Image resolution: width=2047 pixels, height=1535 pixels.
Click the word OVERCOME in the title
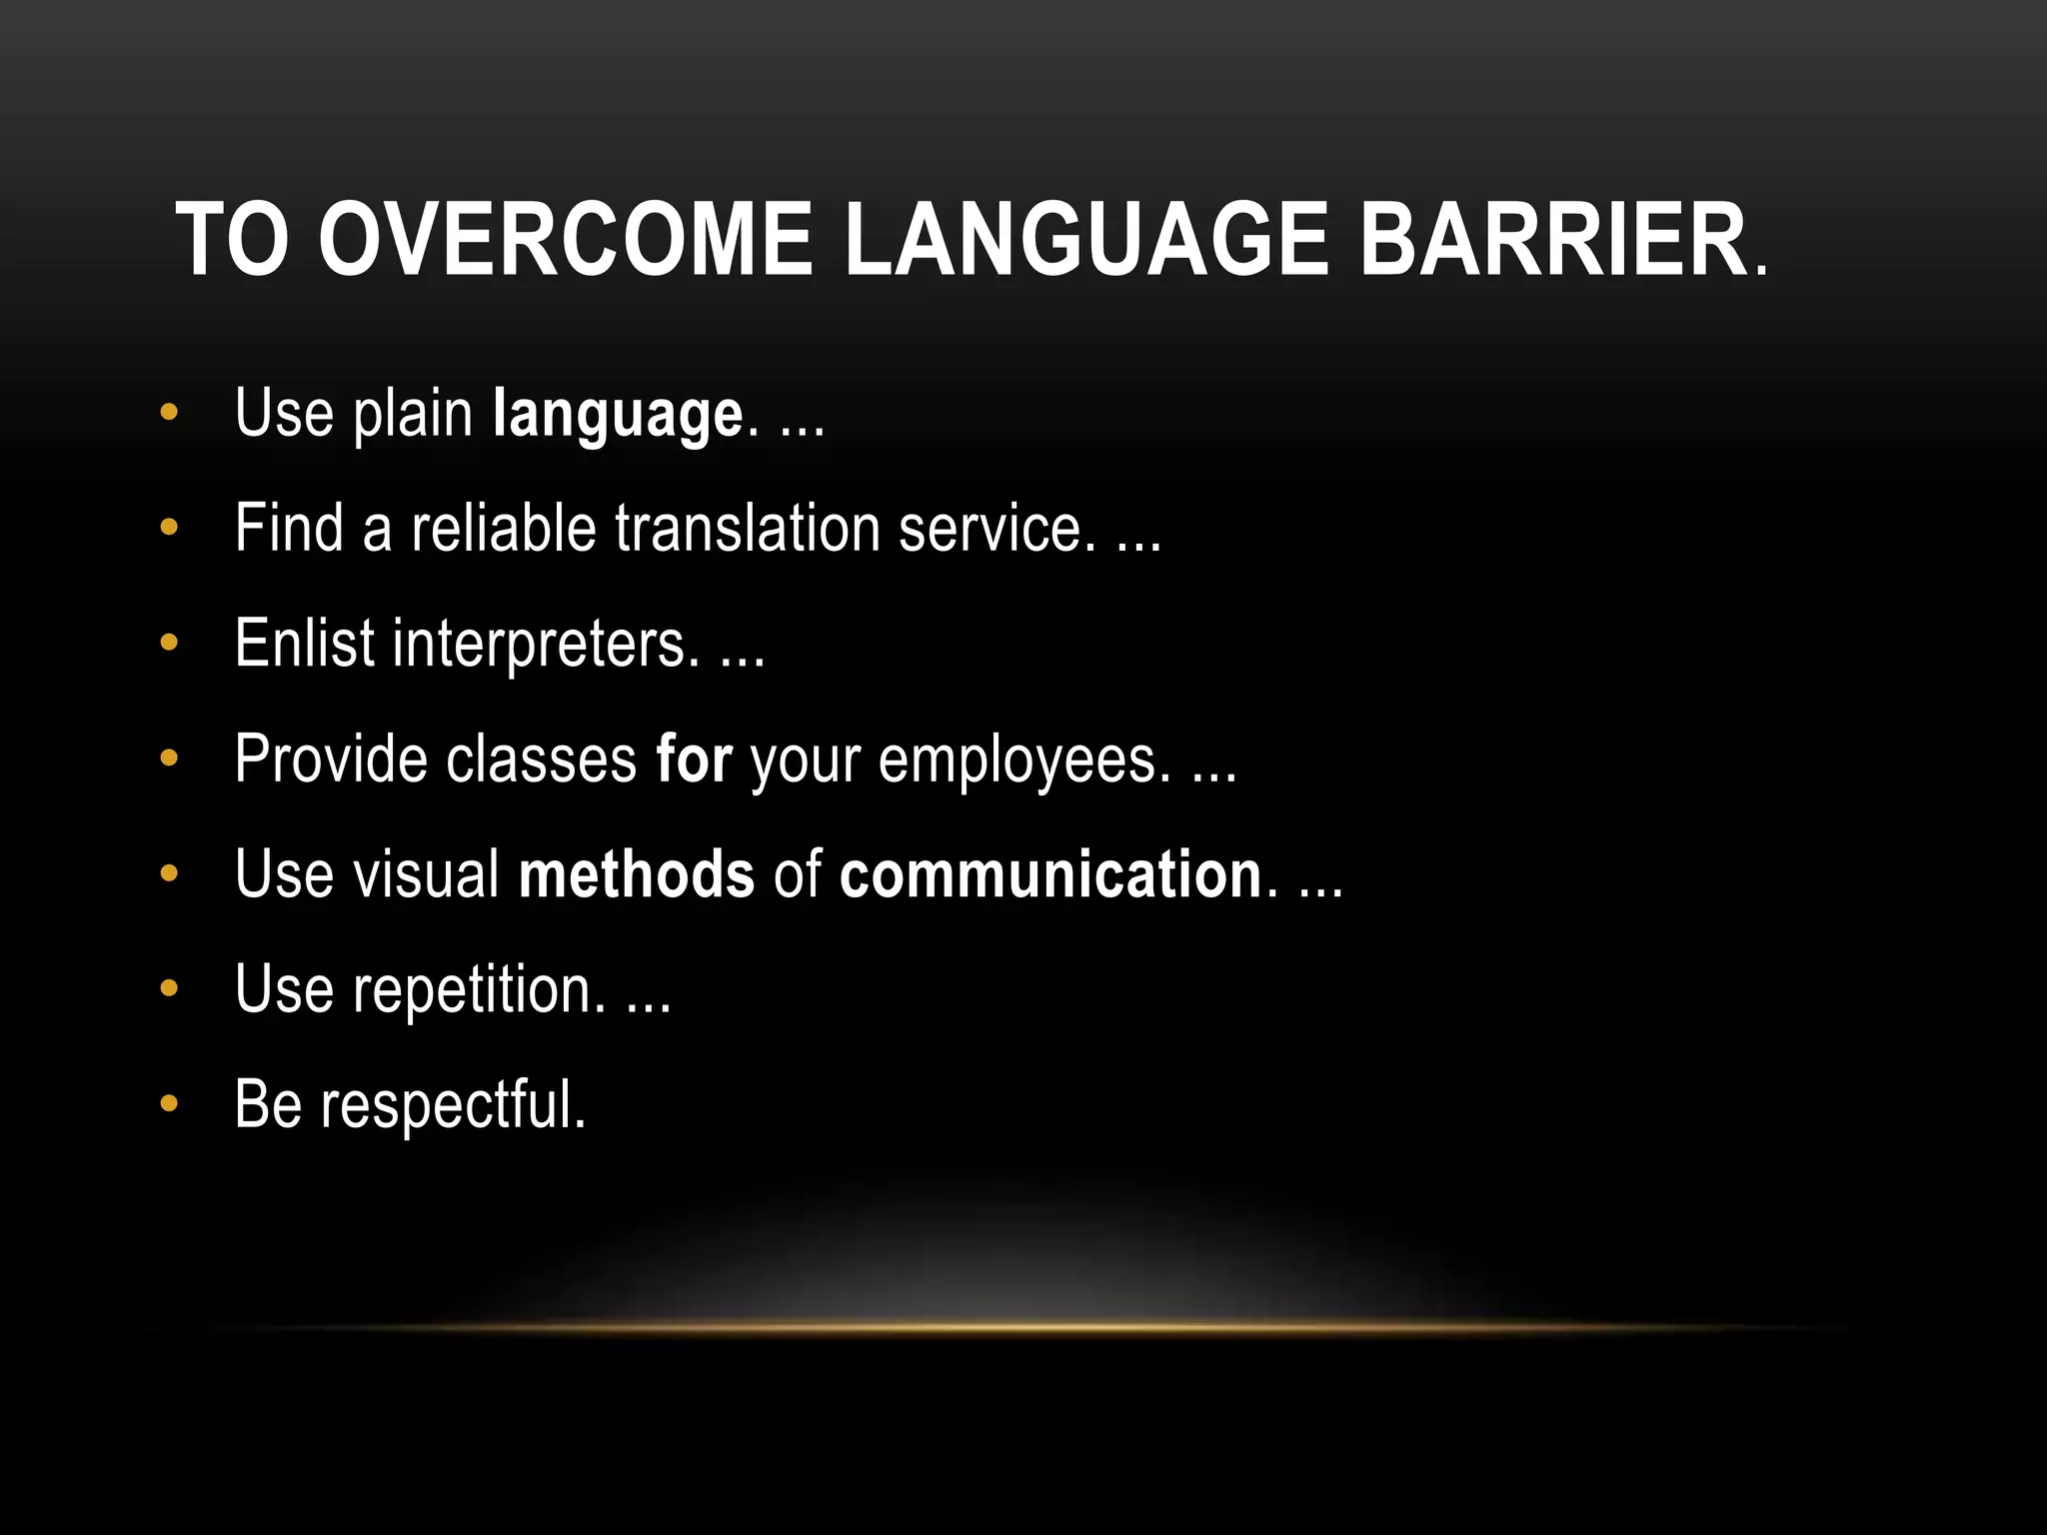coord(565,240)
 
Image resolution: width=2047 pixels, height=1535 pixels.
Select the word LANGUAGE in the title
coord(1086,240)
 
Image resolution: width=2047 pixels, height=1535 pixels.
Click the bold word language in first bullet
coord(618,415)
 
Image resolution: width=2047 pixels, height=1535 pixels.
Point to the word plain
coord(413,413)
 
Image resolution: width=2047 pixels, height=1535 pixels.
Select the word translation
coord(747,528)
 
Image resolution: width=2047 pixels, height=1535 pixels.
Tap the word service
coord(990,528)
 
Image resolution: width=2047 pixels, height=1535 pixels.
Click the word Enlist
coord(304,643)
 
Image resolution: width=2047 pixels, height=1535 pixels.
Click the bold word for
coord(694,759)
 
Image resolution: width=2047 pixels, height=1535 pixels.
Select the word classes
coord(541,759)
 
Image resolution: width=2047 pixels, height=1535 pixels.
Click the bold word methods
coord(636,873)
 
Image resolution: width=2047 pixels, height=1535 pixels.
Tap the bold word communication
coord(1050,873)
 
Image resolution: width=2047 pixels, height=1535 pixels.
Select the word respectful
coord(452,1105)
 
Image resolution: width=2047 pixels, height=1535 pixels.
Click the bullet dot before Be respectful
coord(169,1104)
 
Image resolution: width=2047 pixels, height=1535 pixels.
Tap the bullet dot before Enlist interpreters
coord(169,643)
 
